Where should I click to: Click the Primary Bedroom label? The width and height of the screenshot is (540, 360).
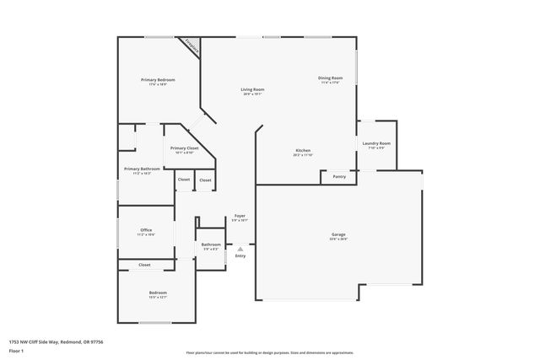(x=158, y=80)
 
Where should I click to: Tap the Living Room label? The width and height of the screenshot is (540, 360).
(x=252, y=89)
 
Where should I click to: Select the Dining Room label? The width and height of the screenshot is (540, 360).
(x=330, y=78)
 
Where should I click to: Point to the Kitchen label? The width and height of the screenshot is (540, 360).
(x=304, y=151)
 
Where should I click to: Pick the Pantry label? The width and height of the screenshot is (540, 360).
(x=339, y=177)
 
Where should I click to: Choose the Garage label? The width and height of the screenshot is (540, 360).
(x=338, y=234)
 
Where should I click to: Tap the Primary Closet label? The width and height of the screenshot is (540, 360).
(x=185, y=148)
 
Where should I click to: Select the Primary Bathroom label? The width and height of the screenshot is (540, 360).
(x=143, y=169)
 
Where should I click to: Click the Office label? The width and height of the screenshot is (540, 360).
(x=146, y=230)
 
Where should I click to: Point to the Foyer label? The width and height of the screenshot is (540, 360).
(x=240, y=217)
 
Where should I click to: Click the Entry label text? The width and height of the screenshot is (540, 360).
(x=240, y=255)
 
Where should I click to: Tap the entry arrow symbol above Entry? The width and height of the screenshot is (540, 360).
(x=240, y=249)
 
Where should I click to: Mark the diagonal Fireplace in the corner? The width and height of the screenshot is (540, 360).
(x=193, y=48)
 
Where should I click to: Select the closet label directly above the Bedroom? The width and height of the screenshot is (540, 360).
(x=144, y=265)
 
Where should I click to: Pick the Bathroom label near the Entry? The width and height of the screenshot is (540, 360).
(x=211, y=245)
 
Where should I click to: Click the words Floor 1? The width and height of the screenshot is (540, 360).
(x=16, y=349)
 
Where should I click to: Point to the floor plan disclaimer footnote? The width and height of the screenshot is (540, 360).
(x=269, y=352)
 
